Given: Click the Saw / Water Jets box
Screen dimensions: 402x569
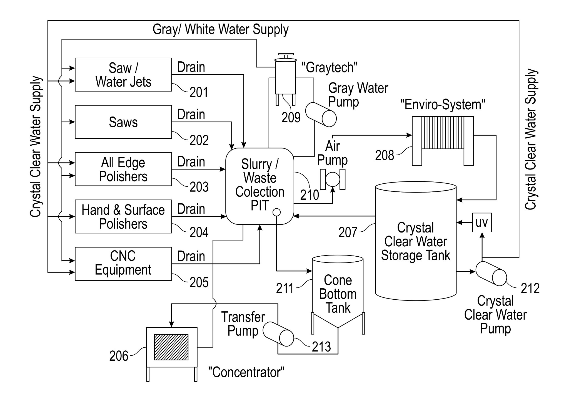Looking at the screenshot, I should coord(123,75).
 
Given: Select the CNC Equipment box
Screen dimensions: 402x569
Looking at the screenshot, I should coord(123,264).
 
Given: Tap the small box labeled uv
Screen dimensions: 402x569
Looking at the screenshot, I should coord(482,223).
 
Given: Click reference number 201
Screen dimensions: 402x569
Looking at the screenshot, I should coord(199,92).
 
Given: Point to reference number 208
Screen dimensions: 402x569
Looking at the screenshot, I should coord(385,155).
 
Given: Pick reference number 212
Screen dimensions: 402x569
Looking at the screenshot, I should coord(530,289).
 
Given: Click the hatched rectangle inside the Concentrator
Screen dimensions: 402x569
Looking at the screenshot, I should coord(171,347).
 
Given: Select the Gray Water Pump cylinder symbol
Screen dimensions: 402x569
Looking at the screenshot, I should coord(321,115).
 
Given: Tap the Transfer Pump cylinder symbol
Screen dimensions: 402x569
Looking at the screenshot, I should coord(278,334).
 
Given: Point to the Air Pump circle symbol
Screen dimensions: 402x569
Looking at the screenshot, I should coord(333,179).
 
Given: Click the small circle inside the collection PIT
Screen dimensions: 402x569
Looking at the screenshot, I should coord(276,212).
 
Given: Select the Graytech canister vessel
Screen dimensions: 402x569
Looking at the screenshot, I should coord(285,77).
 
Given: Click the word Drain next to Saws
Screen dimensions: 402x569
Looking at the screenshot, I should coord(191,115).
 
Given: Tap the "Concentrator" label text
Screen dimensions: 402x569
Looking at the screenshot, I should coord(246,372).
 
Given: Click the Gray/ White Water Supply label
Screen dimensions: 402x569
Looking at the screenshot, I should coord(221,29).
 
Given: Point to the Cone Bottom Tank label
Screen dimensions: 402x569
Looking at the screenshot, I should coord(338,294).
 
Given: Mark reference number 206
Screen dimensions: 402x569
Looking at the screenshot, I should coord(119,356).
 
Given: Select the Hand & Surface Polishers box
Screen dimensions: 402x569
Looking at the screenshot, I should coord(123,216).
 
